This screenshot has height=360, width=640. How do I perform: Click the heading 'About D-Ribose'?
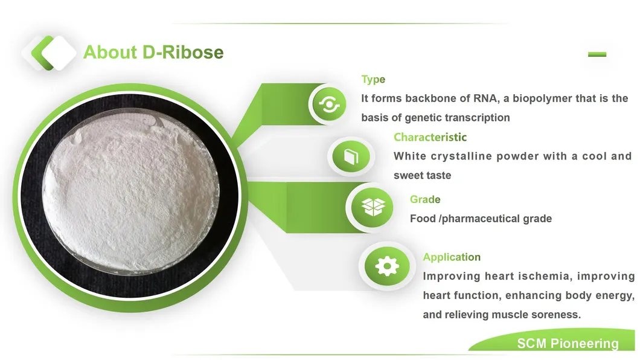(153, 53)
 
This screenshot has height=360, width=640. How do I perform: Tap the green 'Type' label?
(373, 79)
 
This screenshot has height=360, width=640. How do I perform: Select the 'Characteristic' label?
(430, 137)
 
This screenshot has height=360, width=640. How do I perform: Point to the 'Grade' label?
(425, 199)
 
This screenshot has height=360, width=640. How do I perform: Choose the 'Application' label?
(452, 257)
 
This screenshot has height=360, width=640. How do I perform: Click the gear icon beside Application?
(387, 266)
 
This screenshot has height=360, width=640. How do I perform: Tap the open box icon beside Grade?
(373, 207)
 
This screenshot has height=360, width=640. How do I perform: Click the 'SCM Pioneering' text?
(568, 344)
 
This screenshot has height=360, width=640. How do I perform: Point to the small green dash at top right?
(597, 54)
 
